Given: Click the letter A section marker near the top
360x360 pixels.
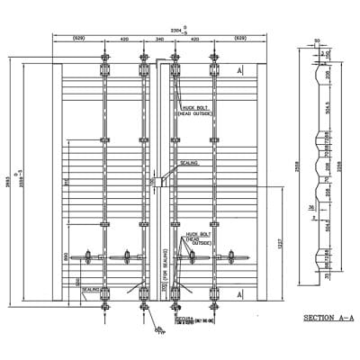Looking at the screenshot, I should point(239,69).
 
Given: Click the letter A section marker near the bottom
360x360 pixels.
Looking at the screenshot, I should point(239,294).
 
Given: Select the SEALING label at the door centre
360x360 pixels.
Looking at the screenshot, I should point(189,163).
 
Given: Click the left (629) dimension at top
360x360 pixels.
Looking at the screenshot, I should point(79,40).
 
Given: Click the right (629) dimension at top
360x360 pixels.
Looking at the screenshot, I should point(240,40).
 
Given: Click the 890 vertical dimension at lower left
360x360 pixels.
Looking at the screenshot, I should point(66,256).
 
